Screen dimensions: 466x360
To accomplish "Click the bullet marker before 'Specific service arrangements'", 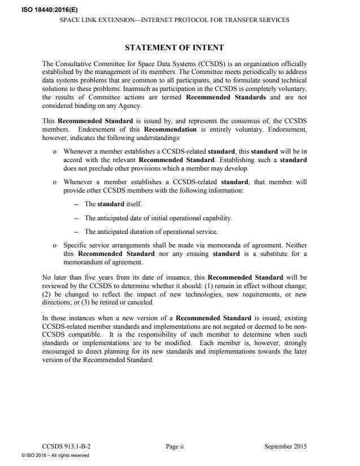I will (x=54, y=246).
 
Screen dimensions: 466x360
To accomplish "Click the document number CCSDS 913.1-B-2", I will (x=66, y=446).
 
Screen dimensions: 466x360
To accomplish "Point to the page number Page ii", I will (x=175, y=446).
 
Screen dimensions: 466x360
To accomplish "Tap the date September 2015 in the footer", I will (x=285, y=446).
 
